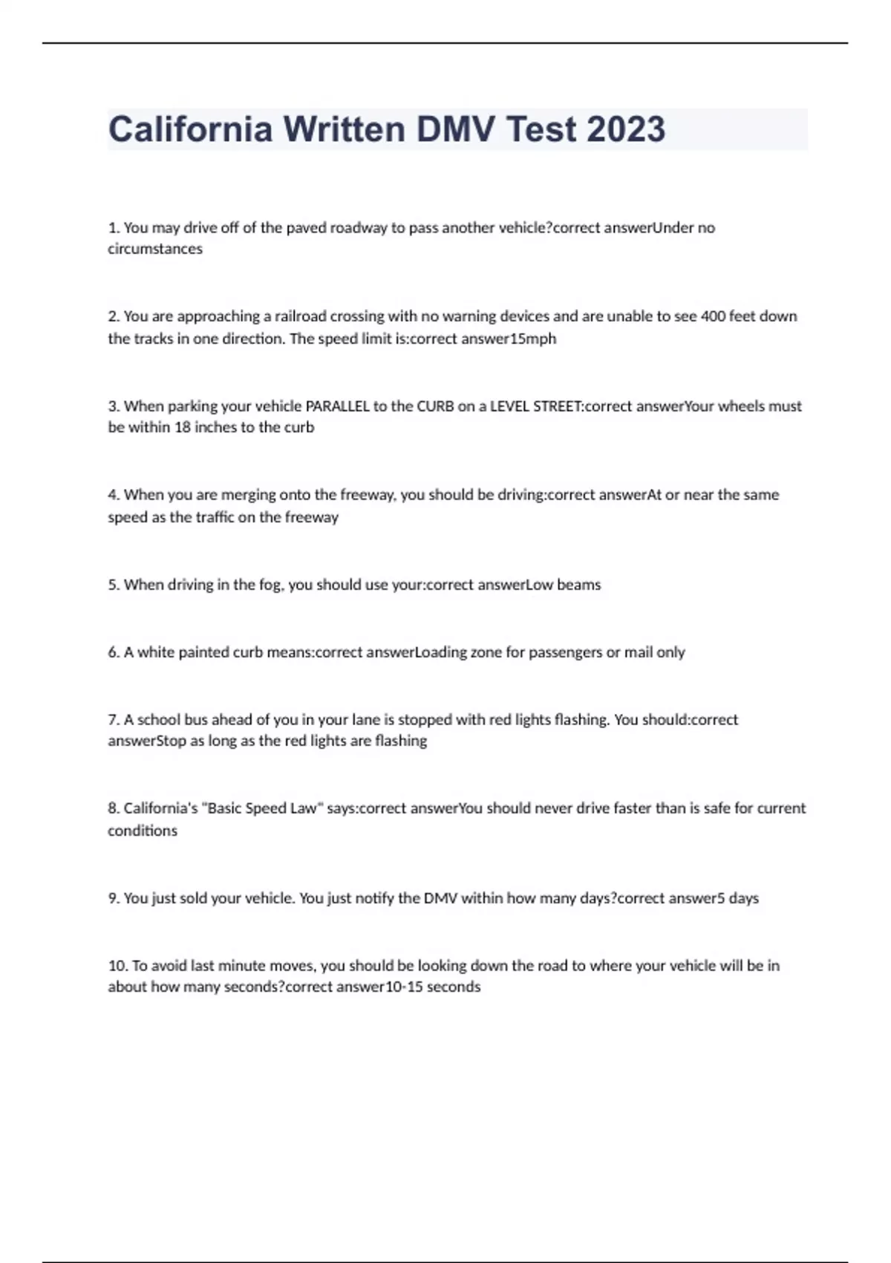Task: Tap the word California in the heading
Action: click(190, 129)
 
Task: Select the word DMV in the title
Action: click(455, 129)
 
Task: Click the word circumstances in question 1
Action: click(155, 249)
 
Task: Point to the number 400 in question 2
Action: click(713, 316)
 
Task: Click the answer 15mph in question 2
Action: click(534, 339)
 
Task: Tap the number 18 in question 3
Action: click(183, 428)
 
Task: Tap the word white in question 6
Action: click(156, 652)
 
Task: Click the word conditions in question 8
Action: click(143, 831)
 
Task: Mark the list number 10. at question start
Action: click(117, 966)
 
